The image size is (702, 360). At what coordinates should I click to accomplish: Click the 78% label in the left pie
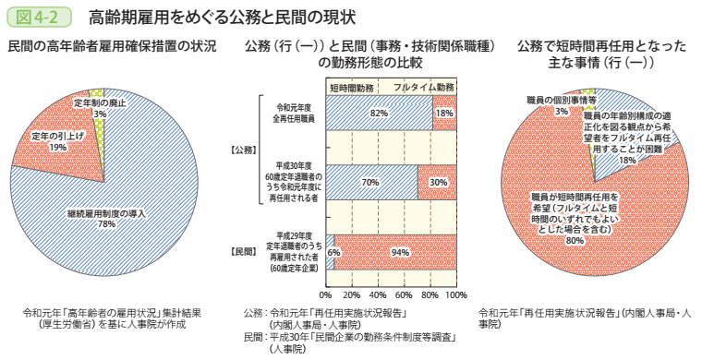pyautogui.click(x=105, y=223)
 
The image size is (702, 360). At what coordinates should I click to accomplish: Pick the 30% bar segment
pyautogui.click(x=437, y=182)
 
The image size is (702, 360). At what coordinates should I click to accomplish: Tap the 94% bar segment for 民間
pyautogui.click(x=399, y=252)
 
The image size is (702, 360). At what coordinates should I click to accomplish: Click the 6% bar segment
pyautogui.click(x=332, y=252)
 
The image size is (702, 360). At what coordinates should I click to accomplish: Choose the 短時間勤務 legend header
pyautogui.click(x=352, y=86)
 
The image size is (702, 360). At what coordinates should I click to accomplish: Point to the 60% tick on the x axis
pyautogui.click(x=404, y=295)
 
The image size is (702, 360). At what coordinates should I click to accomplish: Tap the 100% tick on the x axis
pyautogui.click(x=455, y=295)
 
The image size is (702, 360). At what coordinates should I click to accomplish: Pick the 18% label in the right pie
pyautogui.click(x=628, y=159)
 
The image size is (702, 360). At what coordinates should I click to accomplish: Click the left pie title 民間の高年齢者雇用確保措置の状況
pyautogui.click(x=112, y=46)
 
